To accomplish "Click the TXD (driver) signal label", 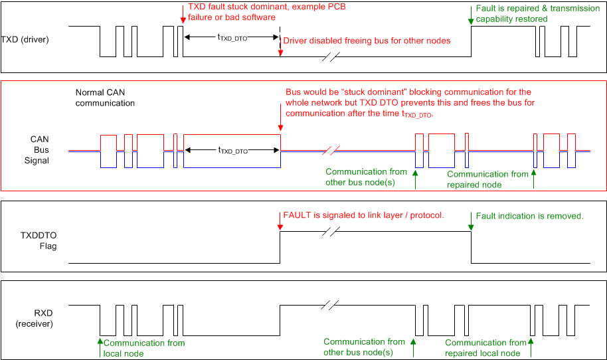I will (25, 39).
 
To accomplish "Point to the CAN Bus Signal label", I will (39, 150).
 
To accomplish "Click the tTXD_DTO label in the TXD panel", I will (232, 39).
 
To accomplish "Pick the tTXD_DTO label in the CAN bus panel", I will (232, 151).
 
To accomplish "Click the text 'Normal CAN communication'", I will (105, 98).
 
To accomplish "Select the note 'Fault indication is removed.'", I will (529, 216).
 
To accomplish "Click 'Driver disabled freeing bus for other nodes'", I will (367, 41).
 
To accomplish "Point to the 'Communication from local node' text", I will (144, 348).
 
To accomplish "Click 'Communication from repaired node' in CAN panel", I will (487, 179).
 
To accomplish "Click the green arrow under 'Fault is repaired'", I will (471, 18).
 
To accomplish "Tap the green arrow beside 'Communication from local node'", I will (100, 343).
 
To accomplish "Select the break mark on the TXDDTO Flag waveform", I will (330, 231).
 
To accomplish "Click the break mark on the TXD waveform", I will (330, 56).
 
